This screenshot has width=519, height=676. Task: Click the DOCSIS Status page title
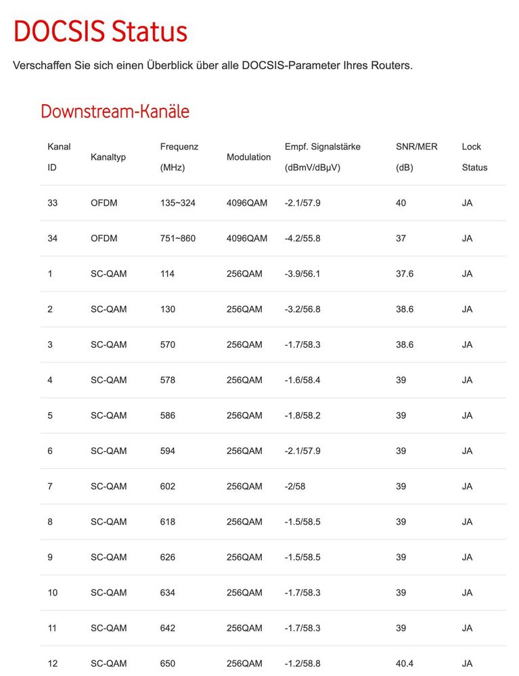coord(100,32)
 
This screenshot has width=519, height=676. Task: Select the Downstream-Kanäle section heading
coord(115,111)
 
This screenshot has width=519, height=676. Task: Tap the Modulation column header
coord(248,157)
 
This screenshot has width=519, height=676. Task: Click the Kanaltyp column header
coord(108,157)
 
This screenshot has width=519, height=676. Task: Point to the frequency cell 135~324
coord(177,203)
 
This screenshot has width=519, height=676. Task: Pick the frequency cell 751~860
coord(177,238)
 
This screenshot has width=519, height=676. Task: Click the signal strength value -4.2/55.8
coord(302,238)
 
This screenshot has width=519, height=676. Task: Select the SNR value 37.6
coord(405,274)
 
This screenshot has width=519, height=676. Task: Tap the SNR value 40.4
coord(405,664)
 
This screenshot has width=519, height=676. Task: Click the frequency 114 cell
coord(168,274)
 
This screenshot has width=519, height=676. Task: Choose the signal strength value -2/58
coord(295,487)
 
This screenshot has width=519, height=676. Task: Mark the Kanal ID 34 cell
coord(52,238)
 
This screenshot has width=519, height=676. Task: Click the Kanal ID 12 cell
coord(52,664)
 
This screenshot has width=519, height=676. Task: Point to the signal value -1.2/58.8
coord(302,664)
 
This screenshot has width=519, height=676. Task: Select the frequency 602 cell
coord(168,487)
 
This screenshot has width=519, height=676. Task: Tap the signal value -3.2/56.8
coord(302,309)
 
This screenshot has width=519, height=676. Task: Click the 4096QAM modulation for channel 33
coord(247,203)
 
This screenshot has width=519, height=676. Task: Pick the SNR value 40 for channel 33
coord(401,203)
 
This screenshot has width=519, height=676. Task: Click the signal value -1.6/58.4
coord(302,380)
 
